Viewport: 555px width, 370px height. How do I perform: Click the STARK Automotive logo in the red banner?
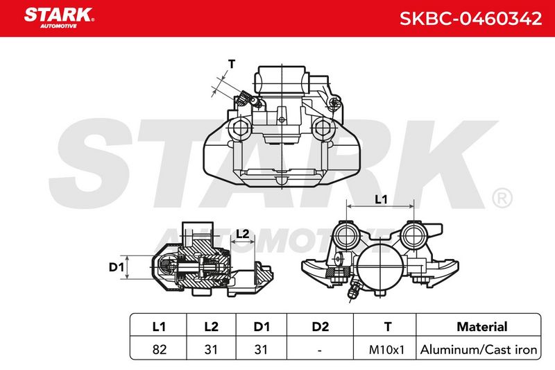(59, 17)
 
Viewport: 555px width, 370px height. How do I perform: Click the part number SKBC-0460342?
(470, 19)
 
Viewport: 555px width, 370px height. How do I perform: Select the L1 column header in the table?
(159, 326)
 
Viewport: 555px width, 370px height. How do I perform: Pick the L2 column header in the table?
(212, 326)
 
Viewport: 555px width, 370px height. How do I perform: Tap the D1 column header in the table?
(262, 326)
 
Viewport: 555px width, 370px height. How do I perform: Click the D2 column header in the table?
(321, 326)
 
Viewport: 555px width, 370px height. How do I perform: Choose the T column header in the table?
(388, 326)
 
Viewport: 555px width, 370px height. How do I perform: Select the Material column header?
(482, 326)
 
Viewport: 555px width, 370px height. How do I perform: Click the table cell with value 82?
(160, 349)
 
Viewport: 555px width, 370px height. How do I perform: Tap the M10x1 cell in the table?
(386, 350)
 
